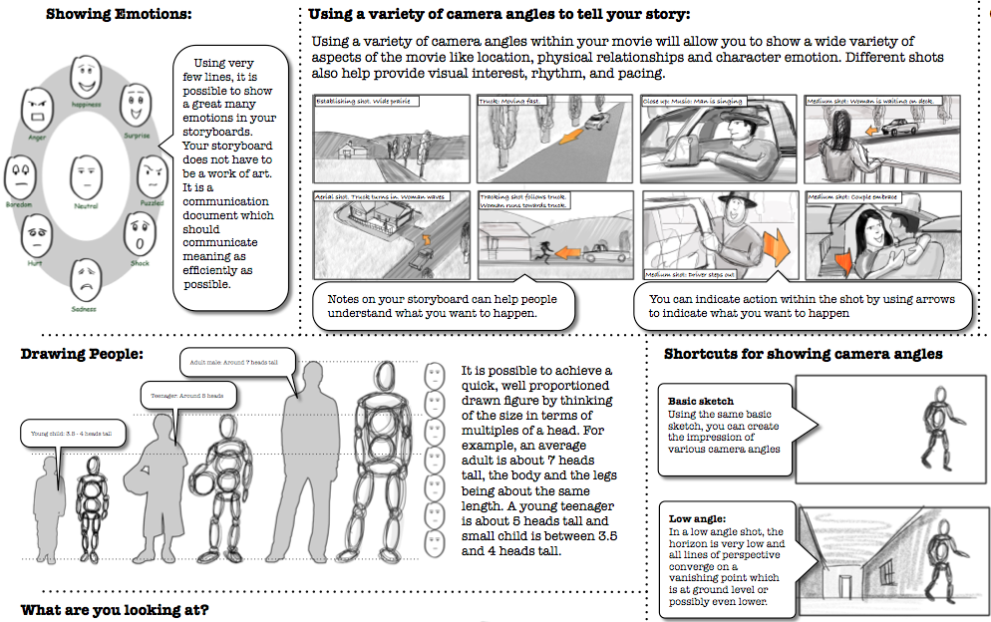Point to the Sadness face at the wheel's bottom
[x=86, y=274]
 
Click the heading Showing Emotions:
[x=120, y=14]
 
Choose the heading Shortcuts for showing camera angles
[x=803, y=354]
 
